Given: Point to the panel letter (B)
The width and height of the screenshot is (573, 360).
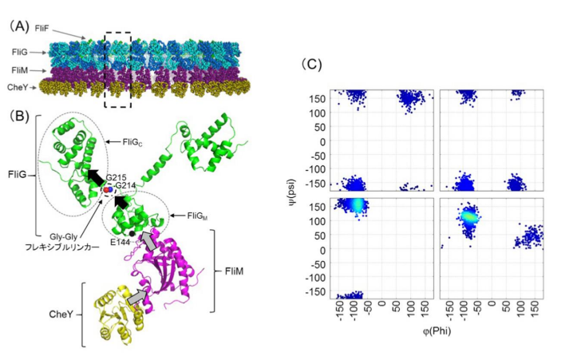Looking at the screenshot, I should pyautogui.click(x=18, y=114).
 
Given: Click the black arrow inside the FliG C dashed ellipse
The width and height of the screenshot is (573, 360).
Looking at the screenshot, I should pyautogui.click(x=97, y=175).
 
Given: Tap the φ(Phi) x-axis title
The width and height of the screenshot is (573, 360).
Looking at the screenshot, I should pyautogui.click(x=433, y=329).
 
